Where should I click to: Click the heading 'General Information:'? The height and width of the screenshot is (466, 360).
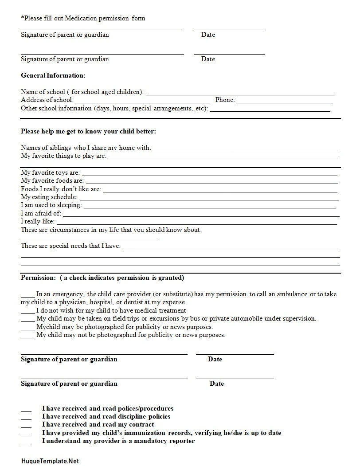coord(53,75)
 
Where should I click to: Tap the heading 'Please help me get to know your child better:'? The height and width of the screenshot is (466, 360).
coord(88,132)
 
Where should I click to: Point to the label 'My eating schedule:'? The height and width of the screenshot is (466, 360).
coord(49,197)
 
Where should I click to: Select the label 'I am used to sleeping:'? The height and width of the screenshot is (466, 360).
coord(51,205)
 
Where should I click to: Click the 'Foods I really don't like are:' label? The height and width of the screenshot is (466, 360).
coord(61,189)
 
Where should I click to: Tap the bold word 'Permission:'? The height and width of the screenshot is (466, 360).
coord(39,278)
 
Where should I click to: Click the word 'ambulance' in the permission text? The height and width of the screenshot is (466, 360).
coord(292,294)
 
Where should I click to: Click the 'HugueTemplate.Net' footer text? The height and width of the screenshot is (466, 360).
coord(50,461)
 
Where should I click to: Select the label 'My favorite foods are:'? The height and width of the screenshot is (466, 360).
coord(52,181)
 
